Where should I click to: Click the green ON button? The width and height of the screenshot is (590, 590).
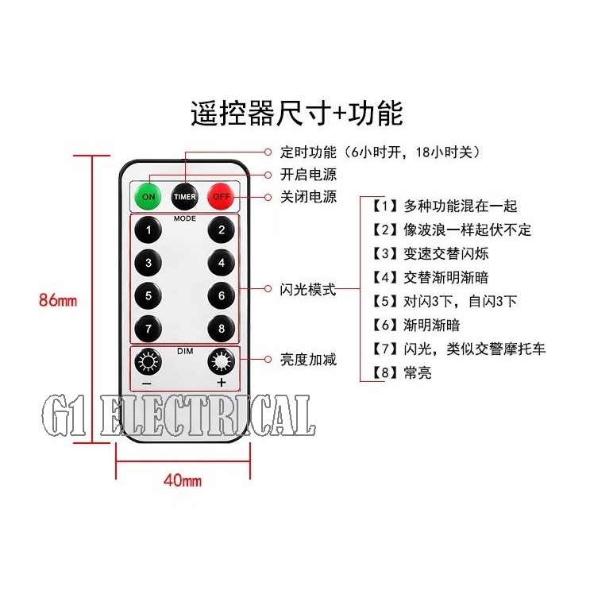point(148,196)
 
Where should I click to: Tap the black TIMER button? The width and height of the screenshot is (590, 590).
point(184,196)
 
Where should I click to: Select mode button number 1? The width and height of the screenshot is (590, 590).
point(148,230)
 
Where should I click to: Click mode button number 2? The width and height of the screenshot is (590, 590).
point(222,230)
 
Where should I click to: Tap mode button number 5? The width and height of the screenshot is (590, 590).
point(148,296)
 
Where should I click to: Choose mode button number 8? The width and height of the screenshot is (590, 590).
point(222,329)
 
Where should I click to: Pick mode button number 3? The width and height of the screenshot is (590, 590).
point(148,263)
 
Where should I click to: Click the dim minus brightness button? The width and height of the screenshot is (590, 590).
point(147,364)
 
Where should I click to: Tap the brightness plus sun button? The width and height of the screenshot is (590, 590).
point(221,364)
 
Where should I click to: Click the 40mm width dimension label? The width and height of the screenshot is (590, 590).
point(183,480)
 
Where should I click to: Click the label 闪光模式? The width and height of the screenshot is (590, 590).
point(308,290)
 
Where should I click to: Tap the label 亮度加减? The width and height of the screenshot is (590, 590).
point(308,360)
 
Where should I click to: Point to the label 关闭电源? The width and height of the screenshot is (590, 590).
point(308,197)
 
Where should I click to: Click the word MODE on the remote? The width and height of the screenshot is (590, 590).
point(185,217)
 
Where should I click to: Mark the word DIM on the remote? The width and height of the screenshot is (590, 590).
point(184,349)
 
